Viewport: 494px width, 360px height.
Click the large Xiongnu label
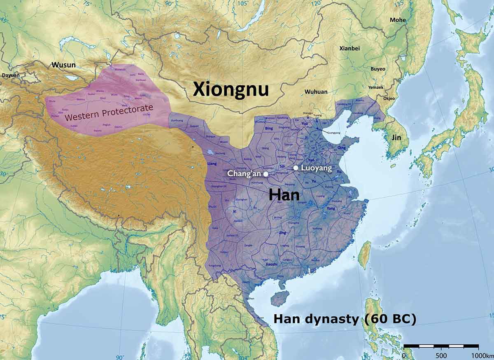(231, 89)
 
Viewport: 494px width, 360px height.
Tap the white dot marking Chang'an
(266, 174)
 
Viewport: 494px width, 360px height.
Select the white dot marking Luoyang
(296, 168)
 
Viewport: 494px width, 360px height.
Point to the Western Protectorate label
(109, 112)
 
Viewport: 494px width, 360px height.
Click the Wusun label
(63, 65)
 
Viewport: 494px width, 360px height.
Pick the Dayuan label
(11, 75)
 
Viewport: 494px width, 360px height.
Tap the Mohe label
(398, 20)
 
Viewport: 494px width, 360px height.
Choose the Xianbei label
(350, 48)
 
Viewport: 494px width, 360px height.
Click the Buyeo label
(378, 69)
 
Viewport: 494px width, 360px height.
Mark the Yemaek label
(375, 87)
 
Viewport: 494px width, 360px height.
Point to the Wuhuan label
(316, 91)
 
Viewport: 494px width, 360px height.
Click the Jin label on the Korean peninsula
(396, 138)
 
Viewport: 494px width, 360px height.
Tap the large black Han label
(284, 194)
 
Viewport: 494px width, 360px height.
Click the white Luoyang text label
(316, 168)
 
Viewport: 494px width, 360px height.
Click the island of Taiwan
(364, 255)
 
